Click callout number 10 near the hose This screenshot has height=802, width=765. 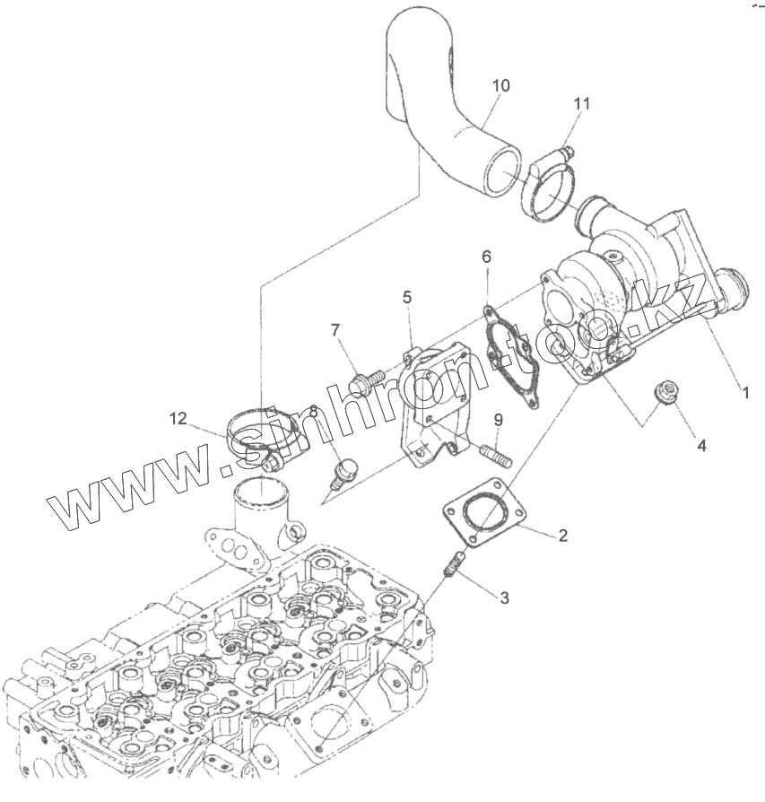500,85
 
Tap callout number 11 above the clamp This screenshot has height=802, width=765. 581,104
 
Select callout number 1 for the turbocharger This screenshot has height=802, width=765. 744,391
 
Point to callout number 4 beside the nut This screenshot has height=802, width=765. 702,444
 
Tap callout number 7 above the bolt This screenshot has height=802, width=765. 335,330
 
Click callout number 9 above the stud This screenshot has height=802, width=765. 497,419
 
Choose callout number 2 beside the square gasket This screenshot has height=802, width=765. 562,536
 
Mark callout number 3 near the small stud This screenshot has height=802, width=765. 505,597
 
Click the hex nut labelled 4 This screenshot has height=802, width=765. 665,392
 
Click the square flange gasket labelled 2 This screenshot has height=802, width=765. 482,519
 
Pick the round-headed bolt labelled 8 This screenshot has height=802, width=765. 343,470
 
